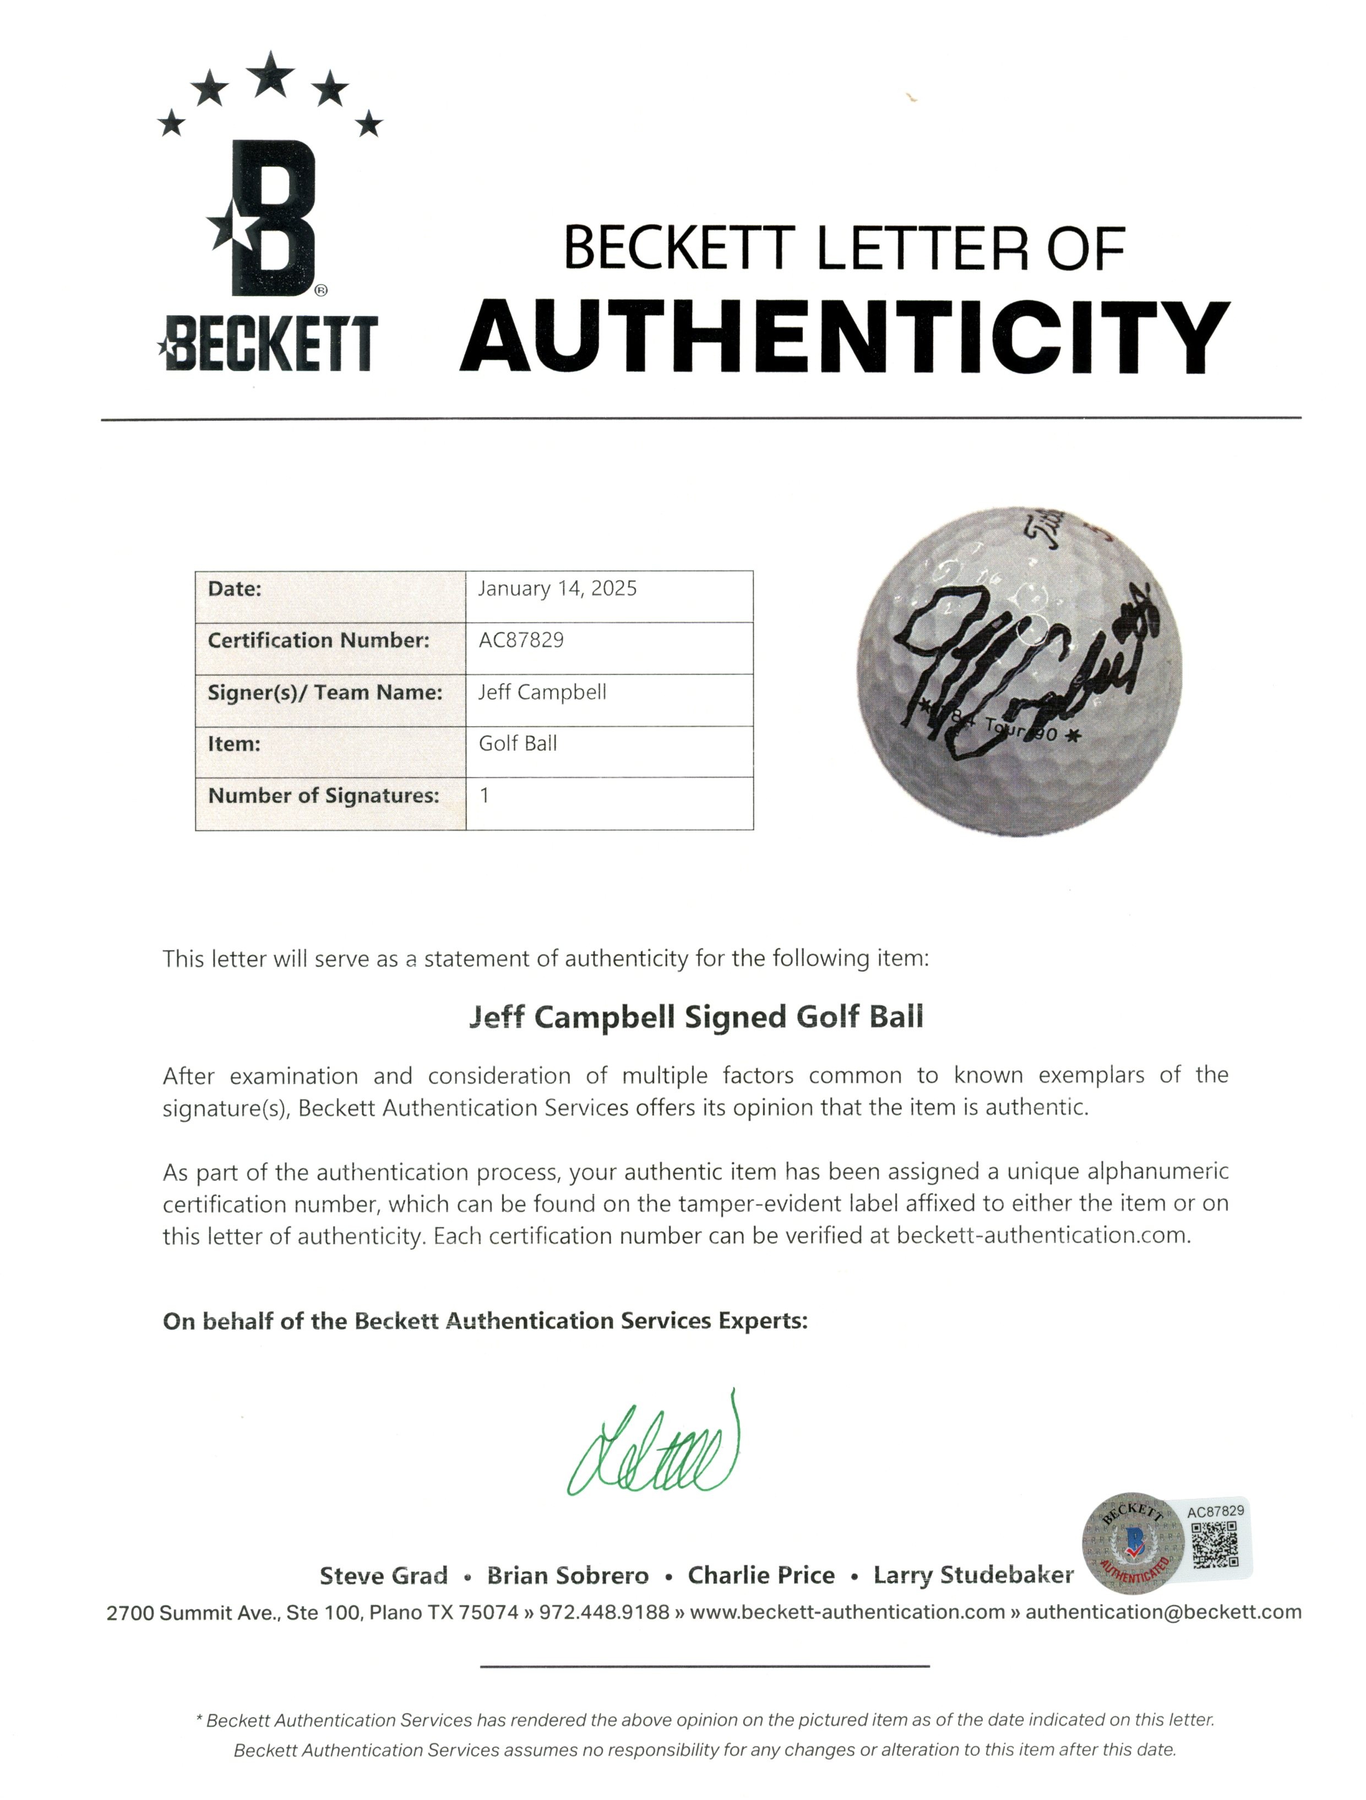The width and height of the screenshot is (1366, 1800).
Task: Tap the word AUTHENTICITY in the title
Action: pos(845,336)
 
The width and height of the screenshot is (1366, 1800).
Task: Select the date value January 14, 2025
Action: pos(557,588)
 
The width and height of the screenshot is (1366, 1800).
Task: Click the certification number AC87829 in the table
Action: pos(521,639)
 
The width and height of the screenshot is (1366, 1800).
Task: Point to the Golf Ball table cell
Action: pos(518,743)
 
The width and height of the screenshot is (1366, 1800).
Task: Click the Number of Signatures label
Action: pos(323,795)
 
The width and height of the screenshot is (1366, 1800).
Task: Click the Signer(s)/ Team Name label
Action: pos(325,692)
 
